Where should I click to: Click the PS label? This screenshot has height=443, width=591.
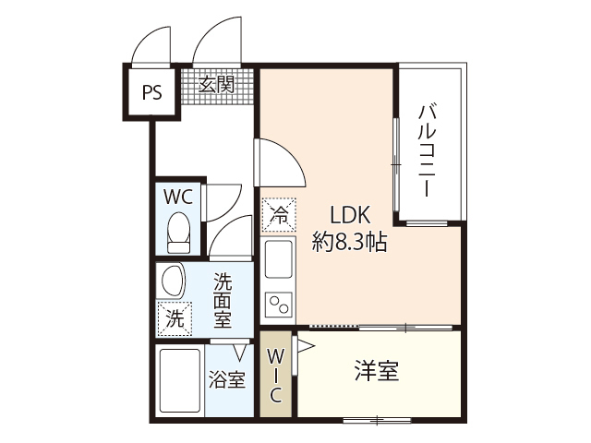click(x=151, y=92)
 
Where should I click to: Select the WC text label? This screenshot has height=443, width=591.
click(x=177, y=197)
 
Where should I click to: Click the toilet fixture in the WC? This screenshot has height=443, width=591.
click(x=178, y=233)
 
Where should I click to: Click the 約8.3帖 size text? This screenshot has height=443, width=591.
click(x=349, y=243)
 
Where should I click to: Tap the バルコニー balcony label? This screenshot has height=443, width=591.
click(x=427, y=150)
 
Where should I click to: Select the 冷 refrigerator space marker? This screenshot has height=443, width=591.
click(x=279, y=216)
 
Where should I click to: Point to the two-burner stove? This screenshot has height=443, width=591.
click(x=279, y=304)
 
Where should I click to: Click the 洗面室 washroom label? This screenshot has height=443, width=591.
click(x=223, y=299)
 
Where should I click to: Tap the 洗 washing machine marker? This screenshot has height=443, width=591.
click(x=175, y=319)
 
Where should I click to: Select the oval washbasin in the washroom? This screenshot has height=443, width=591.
click(x=173, y=281)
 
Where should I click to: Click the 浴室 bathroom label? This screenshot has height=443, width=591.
click(x=226, y=378)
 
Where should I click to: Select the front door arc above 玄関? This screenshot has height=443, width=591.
click(x=218, y=42)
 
